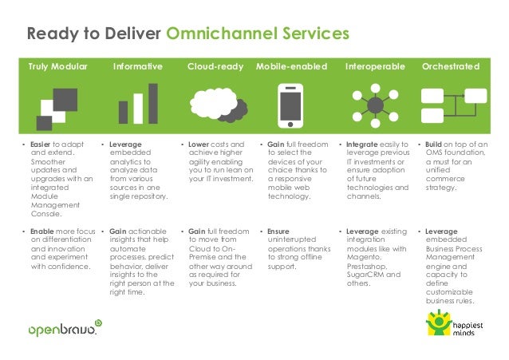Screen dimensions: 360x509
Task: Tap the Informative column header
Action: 137,66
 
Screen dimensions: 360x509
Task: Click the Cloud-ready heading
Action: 215,66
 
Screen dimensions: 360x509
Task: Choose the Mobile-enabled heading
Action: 291,66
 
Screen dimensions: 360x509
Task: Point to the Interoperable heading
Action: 373,66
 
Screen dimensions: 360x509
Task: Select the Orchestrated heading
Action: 450,66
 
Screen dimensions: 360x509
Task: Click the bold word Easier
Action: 43,144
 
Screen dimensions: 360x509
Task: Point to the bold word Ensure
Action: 278,231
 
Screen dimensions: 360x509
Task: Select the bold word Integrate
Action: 362,144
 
